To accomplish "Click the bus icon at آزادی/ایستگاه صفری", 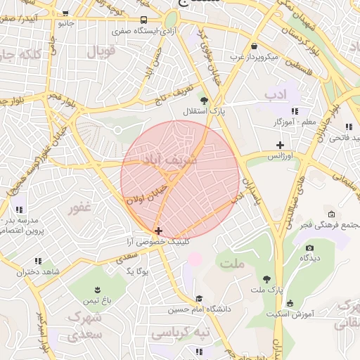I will pyautogui.click(x=143, y=20).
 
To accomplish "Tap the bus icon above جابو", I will pyautogui.click(x=65, y=13).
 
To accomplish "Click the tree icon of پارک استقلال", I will pyautogui.click(x=205, y=101).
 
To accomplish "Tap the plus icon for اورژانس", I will pyautogui.click(x=280, y=145).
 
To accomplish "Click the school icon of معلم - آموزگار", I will pyautogui.click(x=295, y=111).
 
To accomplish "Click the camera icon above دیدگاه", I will pyautogui.click(x=309, y=247).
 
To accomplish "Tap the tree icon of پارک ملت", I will pyautogui.click(x=266, y=279).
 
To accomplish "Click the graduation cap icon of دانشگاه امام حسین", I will pyautogui.click(x=199, y=298).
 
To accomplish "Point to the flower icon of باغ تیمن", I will pyautogui.click(x=97, y=290).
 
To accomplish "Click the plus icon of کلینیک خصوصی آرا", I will pyautogui.click(x=158, y=231).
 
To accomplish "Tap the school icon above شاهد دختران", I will pyautogui.click(x=38, y=260).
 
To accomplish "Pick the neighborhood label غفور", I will pyautogui.click(x=80, y=208).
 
